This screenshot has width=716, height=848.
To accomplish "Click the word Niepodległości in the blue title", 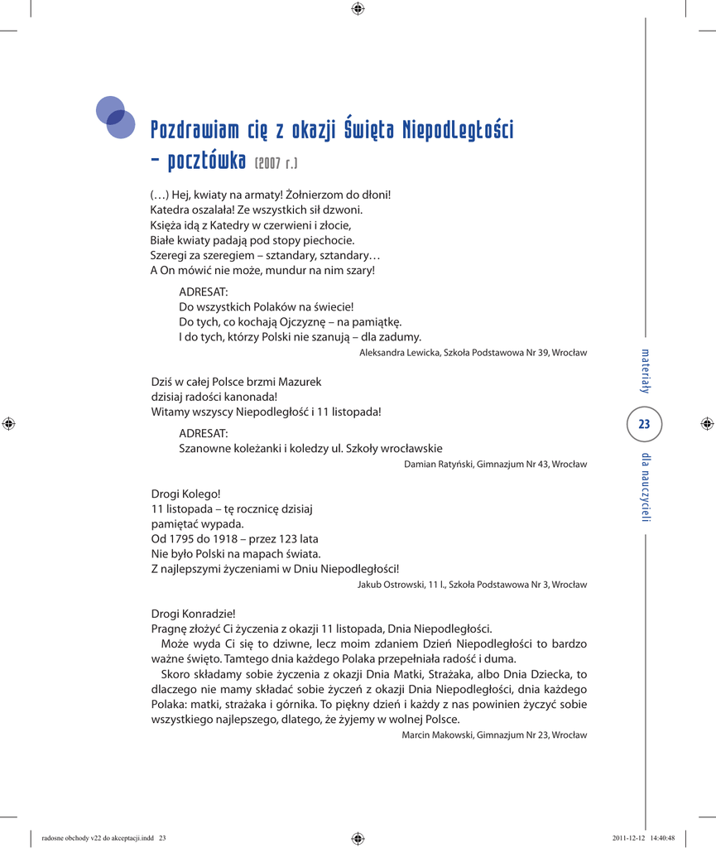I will [458, 130].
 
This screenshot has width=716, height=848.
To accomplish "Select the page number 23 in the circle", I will [644, 425].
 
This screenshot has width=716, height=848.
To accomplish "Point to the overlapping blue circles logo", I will [114, 117].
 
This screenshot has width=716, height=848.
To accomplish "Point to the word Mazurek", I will [297, 382].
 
